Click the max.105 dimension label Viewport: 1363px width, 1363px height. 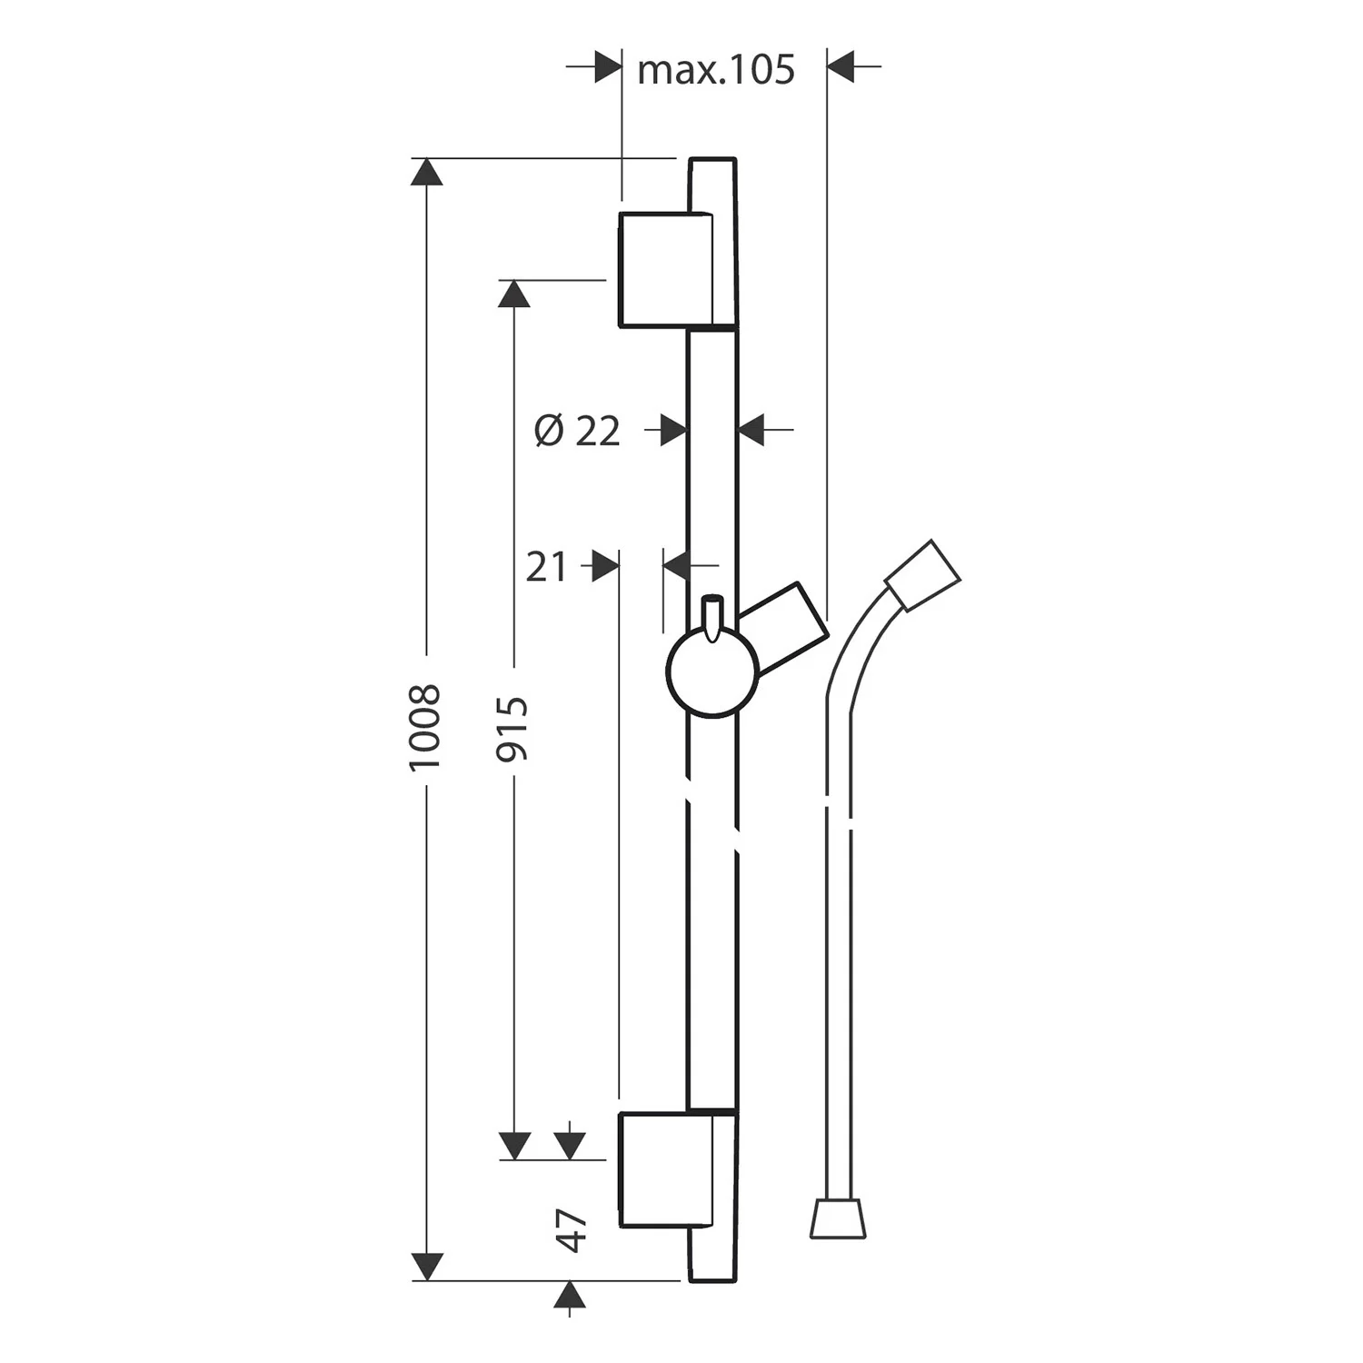[715, 70]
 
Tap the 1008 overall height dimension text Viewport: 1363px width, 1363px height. [424, 727]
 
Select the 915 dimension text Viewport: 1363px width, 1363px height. [512, 728]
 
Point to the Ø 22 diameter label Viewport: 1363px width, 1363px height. [577, 430]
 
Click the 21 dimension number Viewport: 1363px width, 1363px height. [546, 567]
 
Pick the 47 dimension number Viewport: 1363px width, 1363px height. [572, 1230]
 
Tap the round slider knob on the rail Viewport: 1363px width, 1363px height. [712, 673]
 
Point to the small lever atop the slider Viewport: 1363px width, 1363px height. [711, 616]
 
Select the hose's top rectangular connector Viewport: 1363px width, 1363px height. [922, 574]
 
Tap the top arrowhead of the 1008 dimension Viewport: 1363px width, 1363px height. [427, 172]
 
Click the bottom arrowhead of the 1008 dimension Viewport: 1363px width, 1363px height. [427, 1266]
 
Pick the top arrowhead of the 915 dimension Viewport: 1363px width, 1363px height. [514, 293]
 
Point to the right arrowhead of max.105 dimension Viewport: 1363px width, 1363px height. [841, 66]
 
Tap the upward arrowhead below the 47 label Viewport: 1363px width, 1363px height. [570, 1296]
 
